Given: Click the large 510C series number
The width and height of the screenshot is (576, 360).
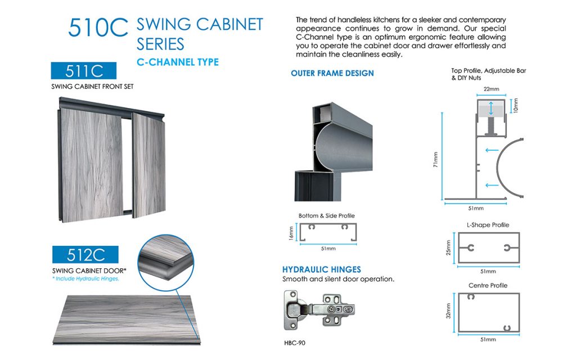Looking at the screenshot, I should (x=99, y=28).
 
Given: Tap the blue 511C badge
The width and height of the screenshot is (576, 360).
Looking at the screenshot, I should (x=83, y=71).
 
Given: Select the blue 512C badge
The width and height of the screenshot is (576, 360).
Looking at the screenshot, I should (x=86, y=255).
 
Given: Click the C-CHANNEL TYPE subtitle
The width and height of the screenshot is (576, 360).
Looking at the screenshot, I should (x=178, y=62).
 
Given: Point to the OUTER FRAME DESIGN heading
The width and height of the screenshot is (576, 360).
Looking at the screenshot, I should (x=332, y=73).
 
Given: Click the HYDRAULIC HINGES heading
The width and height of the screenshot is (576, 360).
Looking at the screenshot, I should (x=322, y=269).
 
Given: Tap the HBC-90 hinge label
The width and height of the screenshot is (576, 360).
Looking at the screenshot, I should (x=294, y=341).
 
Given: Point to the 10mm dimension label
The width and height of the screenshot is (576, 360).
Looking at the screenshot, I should (x=516, y=105).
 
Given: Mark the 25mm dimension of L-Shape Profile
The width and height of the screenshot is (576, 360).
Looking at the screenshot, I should (x=449, y=247).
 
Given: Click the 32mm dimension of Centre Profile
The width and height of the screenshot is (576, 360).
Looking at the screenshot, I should (x=449, y=311).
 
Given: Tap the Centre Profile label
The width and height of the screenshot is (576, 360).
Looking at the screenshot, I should (x=488, y=285).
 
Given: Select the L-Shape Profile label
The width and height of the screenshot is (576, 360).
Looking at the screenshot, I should (x=488, y=225).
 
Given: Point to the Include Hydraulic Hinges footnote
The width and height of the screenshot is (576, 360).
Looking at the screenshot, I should (x=85, y=279).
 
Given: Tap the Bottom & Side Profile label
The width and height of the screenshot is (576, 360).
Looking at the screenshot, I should (x=326, y=215).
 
